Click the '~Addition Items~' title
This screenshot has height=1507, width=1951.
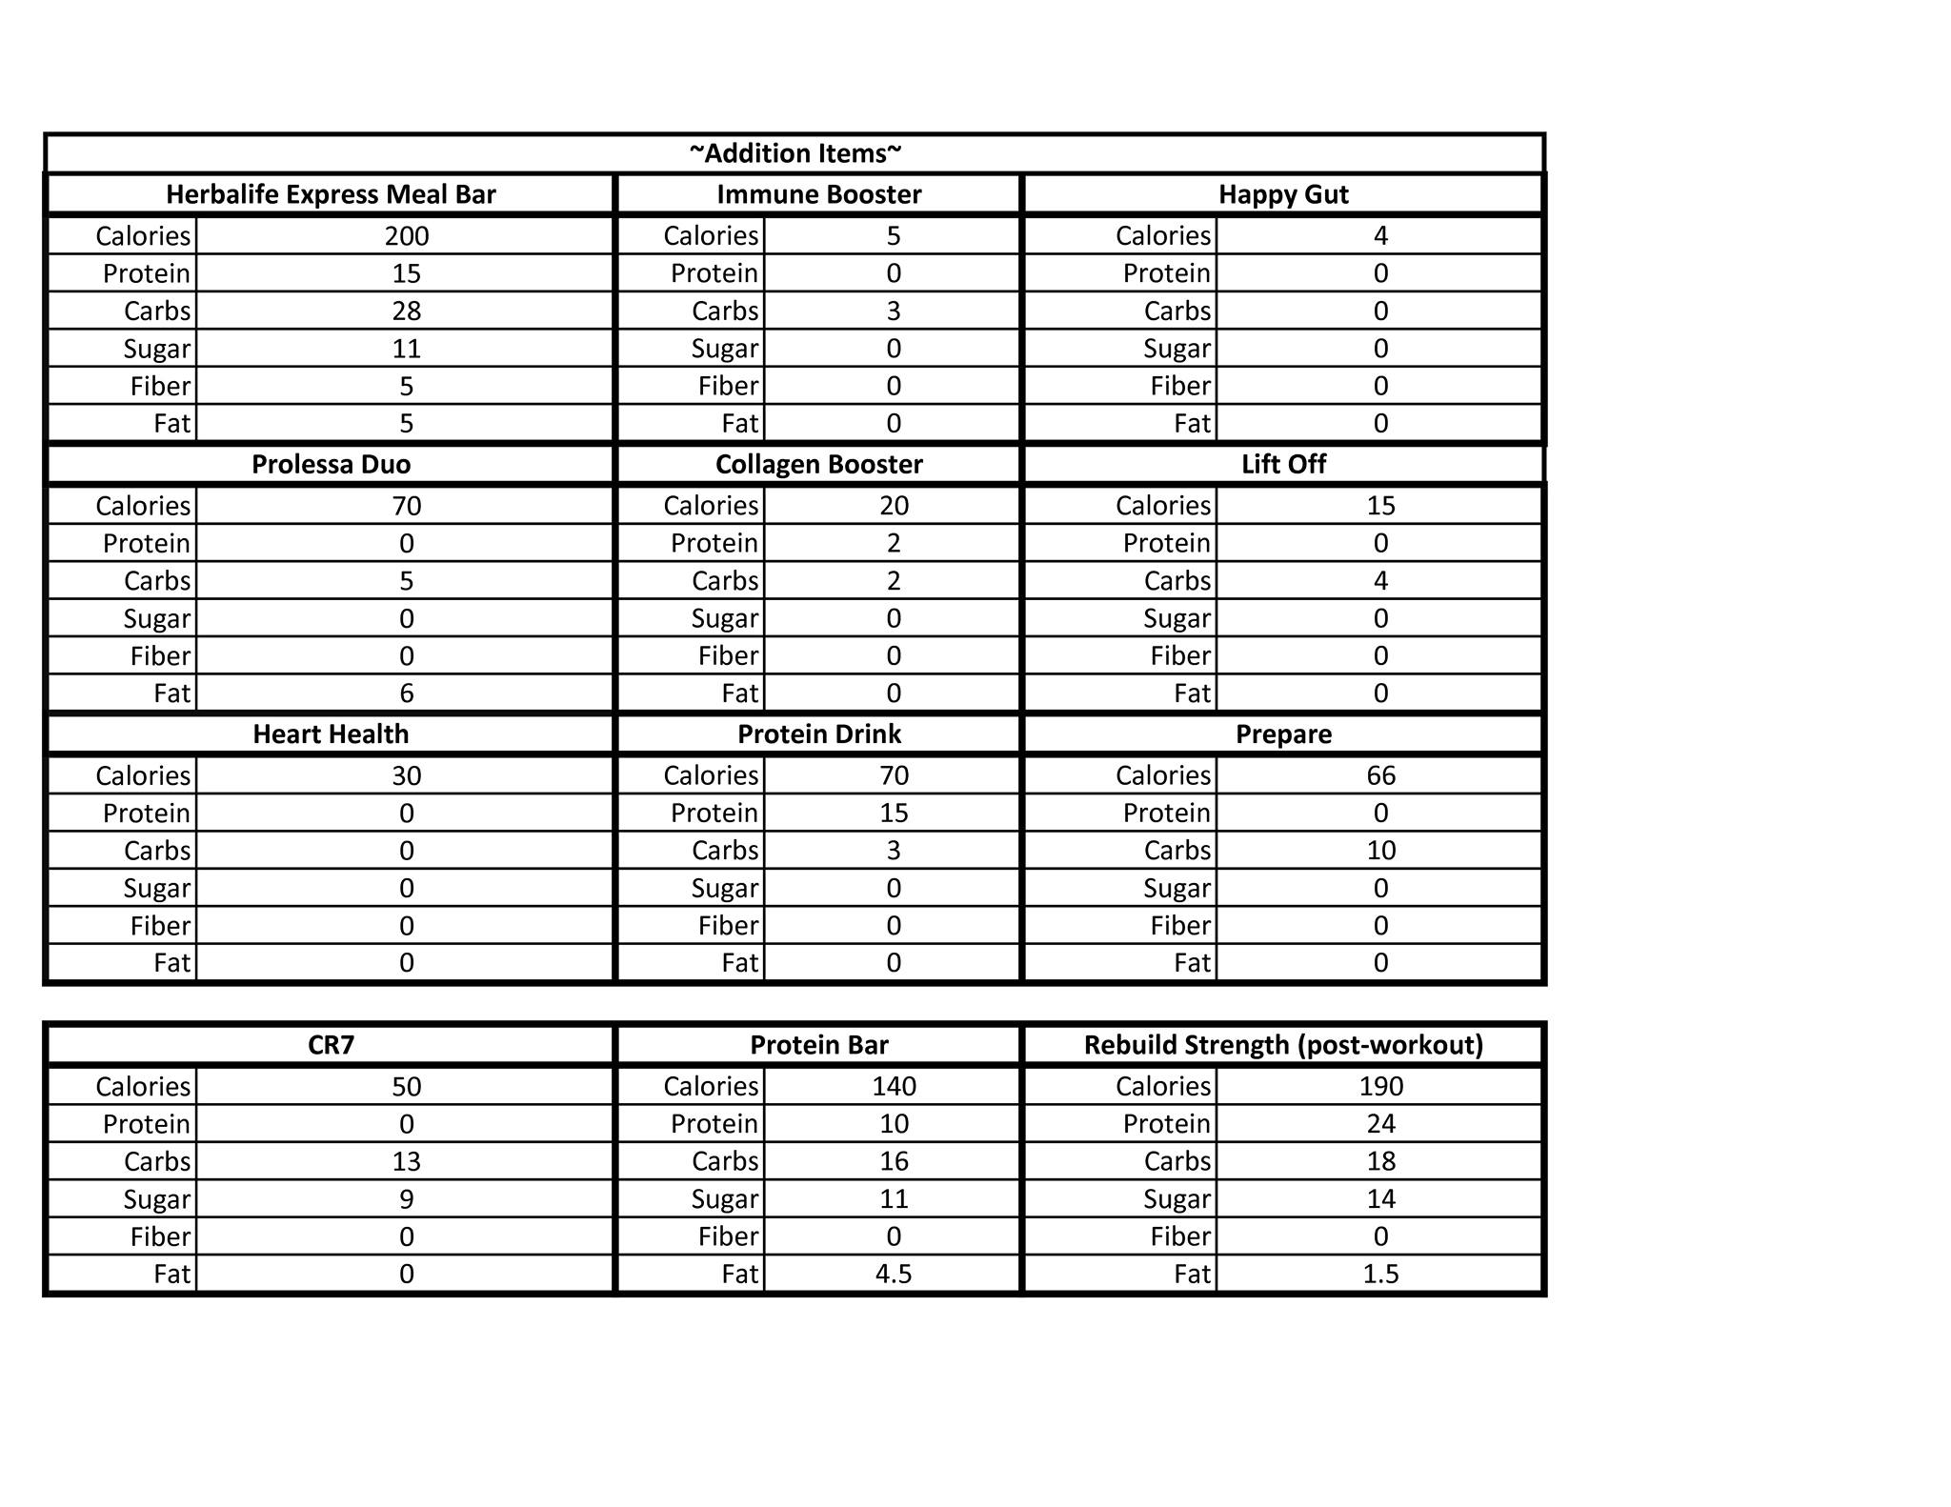coord(795,153)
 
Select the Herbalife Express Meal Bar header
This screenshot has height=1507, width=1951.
coord(331,194)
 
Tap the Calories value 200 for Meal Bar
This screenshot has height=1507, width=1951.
coord(407,236)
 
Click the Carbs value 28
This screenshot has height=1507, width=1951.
coord(407,311)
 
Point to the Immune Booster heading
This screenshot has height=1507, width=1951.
coord(819,194)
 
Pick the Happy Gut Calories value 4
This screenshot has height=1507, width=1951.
coord(1380,236)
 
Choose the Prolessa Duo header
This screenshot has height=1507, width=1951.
coord(331,464)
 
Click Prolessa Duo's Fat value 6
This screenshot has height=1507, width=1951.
coord(407,693)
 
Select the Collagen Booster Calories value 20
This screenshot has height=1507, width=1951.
coord(894,506)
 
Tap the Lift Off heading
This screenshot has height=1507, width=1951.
coord(1283,464)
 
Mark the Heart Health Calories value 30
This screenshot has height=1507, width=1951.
coord(407,775)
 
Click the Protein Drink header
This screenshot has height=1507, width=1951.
coord(819,734)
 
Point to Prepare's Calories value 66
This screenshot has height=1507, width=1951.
coord(1380,775)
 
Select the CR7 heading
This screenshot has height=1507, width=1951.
coord(331,1045)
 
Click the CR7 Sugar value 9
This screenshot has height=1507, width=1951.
coord(407,1199)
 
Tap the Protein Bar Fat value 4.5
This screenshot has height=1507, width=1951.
coord(894,1275)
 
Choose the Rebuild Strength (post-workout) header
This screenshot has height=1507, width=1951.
coord(1283,1045)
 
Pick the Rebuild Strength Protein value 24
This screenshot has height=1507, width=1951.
coord(1380,1124)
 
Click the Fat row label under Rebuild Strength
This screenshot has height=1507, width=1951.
coord(1192,1275)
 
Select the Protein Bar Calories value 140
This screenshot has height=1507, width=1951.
coord(894,1087)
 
